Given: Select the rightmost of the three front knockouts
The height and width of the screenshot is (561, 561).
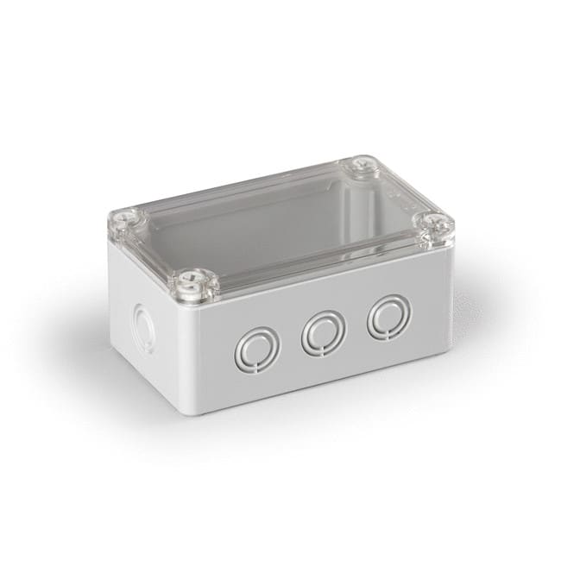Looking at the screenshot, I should pyautogui.click(x=387, y=318).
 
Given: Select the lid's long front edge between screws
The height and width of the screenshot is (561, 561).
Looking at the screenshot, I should pyautogui.click(x=319, y=259).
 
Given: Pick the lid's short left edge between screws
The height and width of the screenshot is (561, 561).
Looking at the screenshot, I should pyautogui.click(x=155, y=250).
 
